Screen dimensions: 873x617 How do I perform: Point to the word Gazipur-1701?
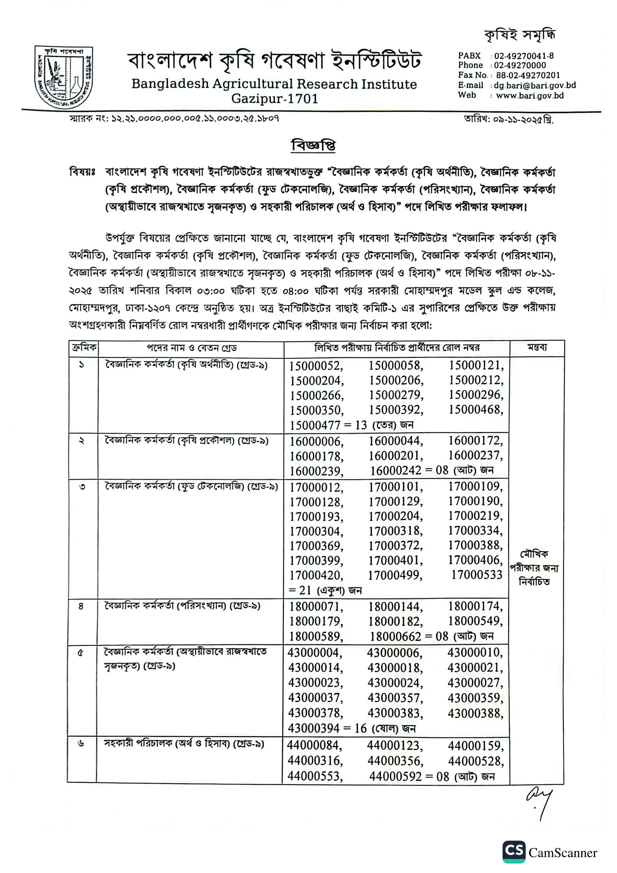(274, 99)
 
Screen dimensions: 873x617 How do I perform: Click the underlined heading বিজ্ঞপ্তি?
(313, 146)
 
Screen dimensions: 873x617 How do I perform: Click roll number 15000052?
(315, 366)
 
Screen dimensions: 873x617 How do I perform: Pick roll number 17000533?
(477, 574)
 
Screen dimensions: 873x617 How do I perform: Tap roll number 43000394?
(314, 728)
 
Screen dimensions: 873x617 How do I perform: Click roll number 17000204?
(395, 516)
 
